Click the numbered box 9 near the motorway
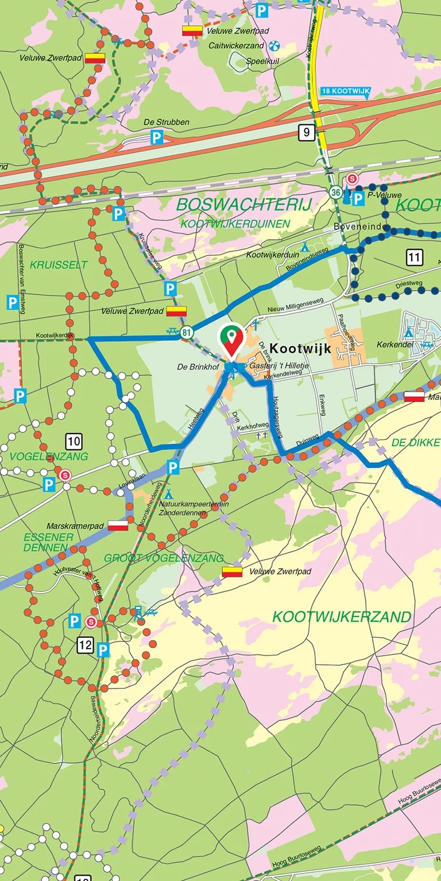pyautogui.click(x=307, y=133)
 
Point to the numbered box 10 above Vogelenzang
pyautogui.click(x=73, y=442)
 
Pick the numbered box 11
pyautogui.click(x=415, y=257)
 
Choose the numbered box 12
pyautogui.click(x=85, y=645)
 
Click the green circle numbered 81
pyautogui.click(x=186, y=332)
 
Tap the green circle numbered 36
pyautogui.click(x=336, y=193)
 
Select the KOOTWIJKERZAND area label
pyautogui.click(x=342, y=617)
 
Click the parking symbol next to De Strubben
pyautogui.click(x=157, y=137)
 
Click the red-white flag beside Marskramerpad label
pyautogui.click(x=118, y=525)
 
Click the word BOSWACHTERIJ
pyautogui.click(x=243, y=204)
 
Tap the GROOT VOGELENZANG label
pyautogui.click(x=164, y=558)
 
